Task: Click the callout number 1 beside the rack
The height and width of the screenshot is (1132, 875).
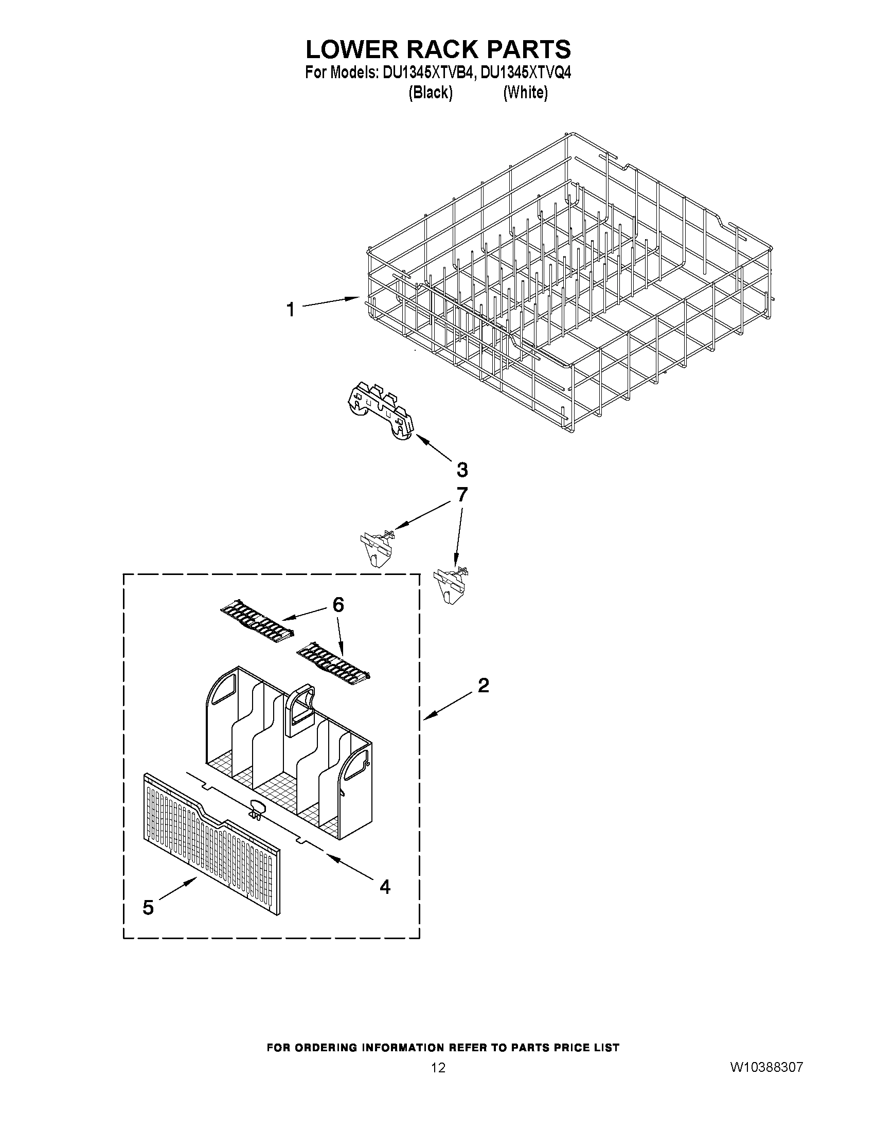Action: [291, 310]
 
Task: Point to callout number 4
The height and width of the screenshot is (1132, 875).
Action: [385, 887]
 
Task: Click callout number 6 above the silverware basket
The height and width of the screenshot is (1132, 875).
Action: [338, 605]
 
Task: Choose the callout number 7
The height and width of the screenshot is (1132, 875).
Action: [461, 494]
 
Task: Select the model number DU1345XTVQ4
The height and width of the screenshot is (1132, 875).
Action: [526, 74]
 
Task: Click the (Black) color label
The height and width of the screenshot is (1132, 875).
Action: [430, 93]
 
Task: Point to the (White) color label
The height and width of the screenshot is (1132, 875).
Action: [526, 93]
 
